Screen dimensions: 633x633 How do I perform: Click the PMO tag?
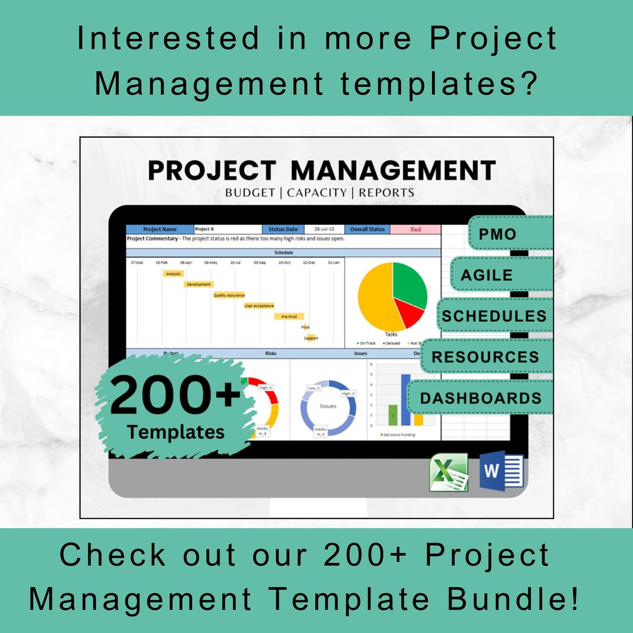click(x=498, y=234)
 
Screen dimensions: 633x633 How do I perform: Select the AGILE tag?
click(x=487, y=274)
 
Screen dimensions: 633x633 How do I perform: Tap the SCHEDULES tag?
click(x=494, y=315)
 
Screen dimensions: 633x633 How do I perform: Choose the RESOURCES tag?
click(x=485, y=356)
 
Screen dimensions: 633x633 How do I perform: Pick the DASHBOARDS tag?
click(x=480, y=398)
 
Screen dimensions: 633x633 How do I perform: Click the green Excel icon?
click(x=449, y=472)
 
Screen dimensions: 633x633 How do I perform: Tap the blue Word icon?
click(x=501, y=471)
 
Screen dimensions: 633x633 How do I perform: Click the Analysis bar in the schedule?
click(x=173, y=274)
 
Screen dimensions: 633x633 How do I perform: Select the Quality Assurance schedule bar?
click(x=229, y=295)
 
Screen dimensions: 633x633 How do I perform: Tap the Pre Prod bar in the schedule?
click(x=289, y=316)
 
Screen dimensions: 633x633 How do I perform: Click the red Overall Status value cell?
click(x=415, y=229)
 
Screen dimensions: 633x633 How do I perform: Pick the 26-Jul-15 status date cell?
click(x=324, y=229)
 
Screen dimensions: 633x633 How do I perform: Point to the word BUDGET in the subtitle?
click(x=250, y=193)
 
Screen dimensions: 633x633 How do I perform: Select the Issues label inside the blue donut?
click(x=328, y=406)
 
